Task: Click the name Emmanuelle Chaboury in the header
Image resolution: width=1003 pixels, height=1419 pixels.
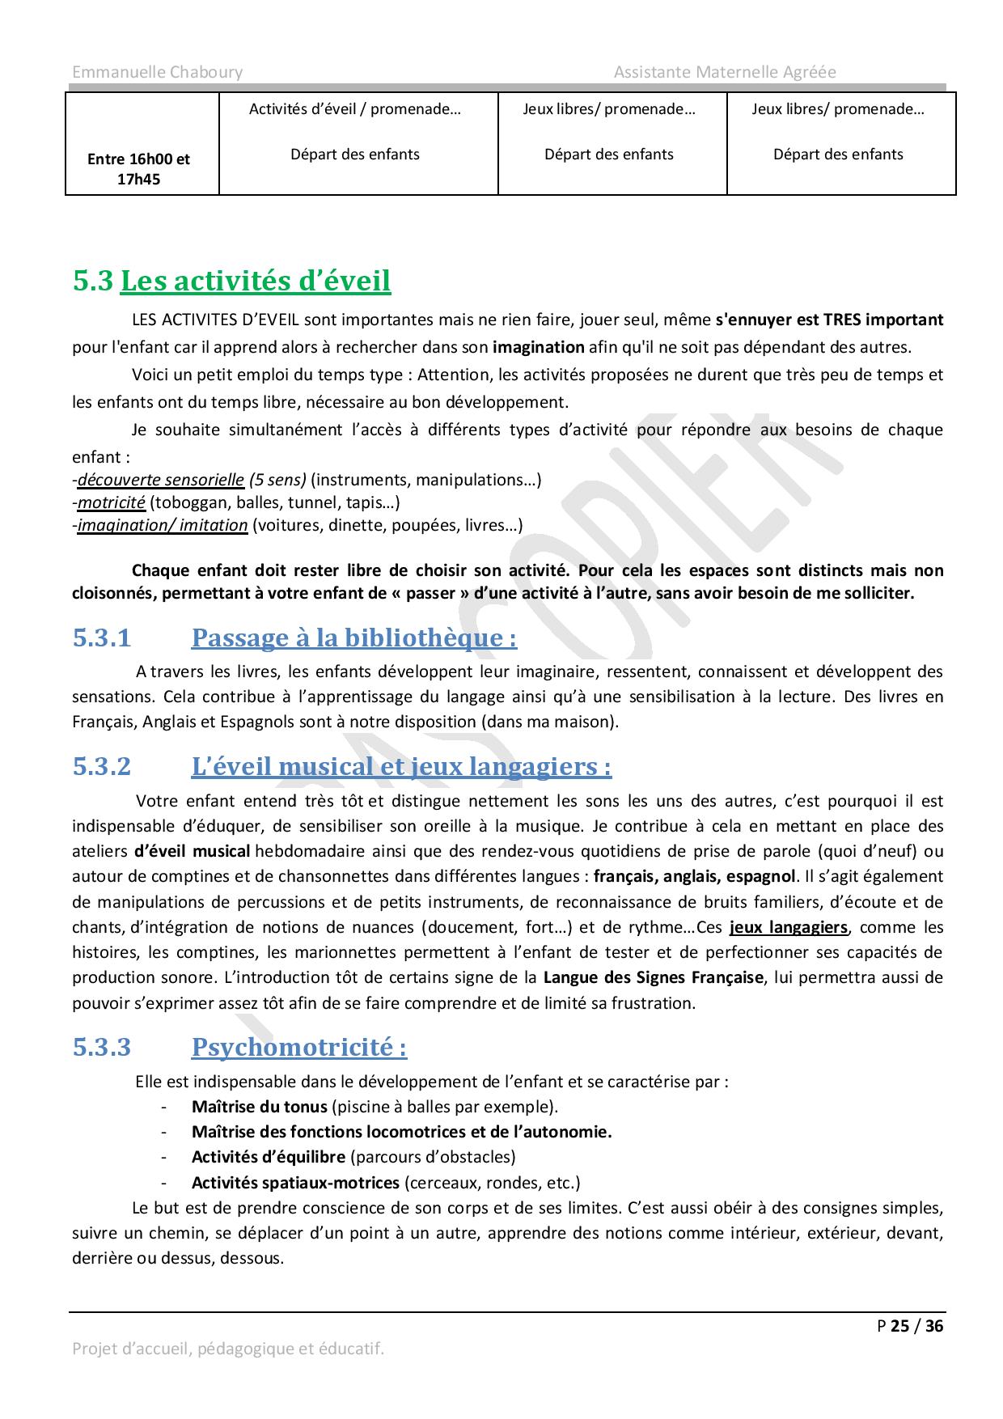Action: (x=157, y=72)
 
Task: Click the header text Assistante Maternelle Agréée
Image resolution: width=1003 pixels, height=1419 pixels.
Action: (x=725, y=72)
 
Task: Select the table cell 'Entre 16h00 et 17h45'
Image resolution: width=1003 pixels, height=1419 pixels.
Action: (x=138, y=169)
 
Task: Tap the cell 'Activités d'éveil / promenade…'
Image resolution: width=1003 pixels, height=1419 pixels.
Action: (x=354, y=109)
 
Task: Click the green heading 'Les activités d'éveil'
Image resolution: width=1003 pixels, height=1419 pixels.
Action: (x=255, y=281)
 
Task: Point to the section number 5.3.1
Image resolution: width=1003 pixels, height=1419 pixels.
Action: (x=102, y=638)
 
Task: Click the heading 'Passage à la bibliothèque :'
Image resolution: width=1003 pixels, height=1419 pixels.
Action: (x=353, y=638)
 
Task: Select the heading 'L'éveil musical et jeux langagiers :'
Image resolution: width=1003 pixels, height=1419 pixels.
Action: (x=401, y=766)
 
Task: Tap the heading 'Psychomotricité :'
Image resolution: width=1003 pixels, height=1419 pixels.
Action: (x=298, y=1048)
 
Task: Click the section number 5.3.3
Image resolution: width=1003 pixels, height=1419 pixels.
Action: (x=102, y=1048)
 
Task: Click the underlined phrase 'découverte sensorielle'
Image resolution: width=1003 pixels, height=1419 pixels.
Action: (x=161, y=480)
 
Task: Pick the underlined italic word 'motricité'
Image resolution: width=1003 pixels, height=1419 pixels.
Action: (x=112, y=502)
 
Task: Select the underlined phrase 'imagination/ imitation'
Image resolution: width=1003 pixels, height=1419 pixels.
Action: (x=163, y=525)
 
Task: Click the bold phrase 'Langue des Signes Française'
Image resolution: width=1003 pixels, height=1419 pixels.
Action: (x=653, y=977)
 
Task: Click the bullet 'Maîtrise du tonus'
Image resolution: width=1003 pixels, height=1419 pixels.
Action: (x=259, y=1107)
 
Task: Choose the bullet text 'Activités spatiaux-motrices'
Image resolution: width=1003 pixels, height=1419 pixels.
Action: (x=295, y=1183)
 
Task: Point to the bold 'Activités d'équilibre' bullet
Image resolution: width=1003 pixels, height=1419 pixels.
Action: (x=268, y=1157)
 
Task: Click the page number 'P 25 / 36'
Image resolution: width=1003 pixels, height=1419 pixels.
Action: (x=910, y=1326)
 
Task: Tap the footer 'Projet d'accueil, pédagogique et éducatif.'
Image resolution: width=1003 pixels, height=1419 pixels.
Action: (x=228, y=1349)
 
